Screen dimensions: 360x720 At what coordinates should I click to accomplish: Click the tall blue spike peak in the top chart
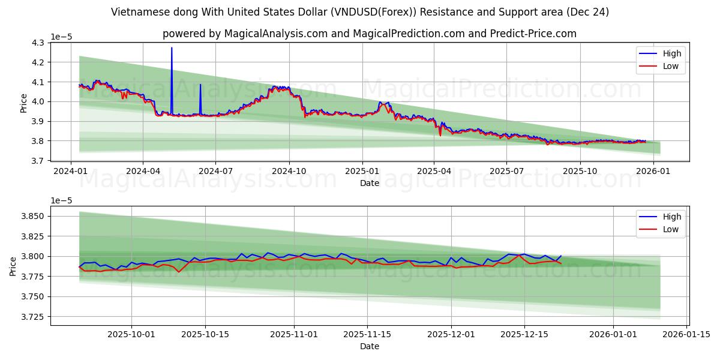click(172, 48)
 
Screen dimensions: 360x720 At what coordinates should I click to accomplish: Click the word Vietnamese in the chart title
click(139, 12)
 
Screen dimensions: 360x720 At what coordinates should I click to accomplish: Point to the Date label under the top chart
click(370, 183)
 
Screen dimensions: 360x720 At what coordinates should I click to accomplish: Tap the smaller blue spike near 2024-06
click(200, 85)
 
